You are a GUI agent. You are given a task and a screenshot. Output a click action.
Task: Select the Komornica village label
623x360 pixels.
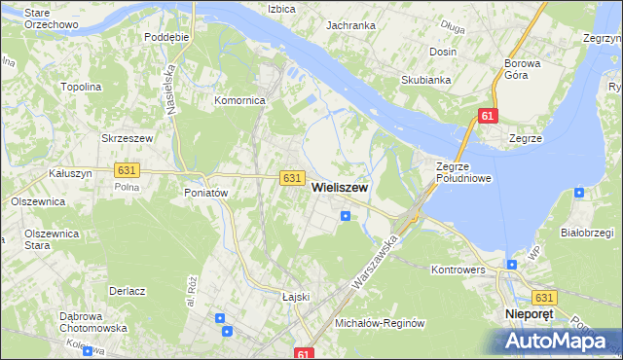click(x=240, y=100)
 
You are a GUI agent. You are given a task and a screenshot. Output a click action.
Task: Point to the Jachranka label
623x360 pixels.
click(x=350, y=25)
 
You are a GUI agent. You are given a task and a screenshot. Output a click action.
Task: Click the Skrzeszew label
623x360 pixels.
click(x=128, y=138)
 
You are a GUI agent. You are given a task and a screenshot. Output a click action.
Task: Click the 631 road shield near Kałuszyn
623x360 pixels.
click(x=126, y=169)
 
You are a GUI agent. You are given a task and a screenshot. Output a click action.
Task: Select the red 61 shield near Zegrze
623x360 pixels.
click(x=489, y=117)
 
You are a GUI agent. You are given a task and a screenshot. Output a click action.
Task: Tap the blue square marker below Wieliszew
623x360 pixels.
click(x=346, y=216)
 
